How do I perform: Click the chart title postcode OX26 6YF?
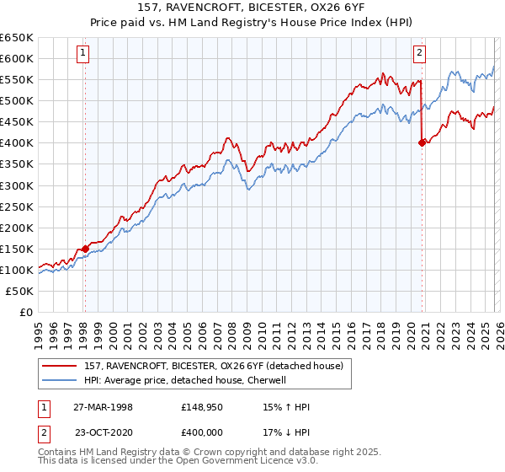pyautogui.click(x=337, y=8)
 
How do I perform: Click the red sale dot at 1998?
pyautogui.click(x=85, y=249)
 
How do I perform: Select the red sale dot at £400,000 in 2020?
pyautogui.click(x=422, y=142)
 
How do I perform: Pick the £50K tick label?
pyautogui.click(x=20, y=291)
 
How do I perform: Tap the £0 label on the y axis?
pyautogui.click(x=25, y=312)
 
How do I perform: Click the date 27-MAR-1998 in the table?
pyautogui.click(x=103, y=407)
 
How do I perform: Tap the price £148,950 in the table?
pyautogui.click(x=200, y=407)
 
